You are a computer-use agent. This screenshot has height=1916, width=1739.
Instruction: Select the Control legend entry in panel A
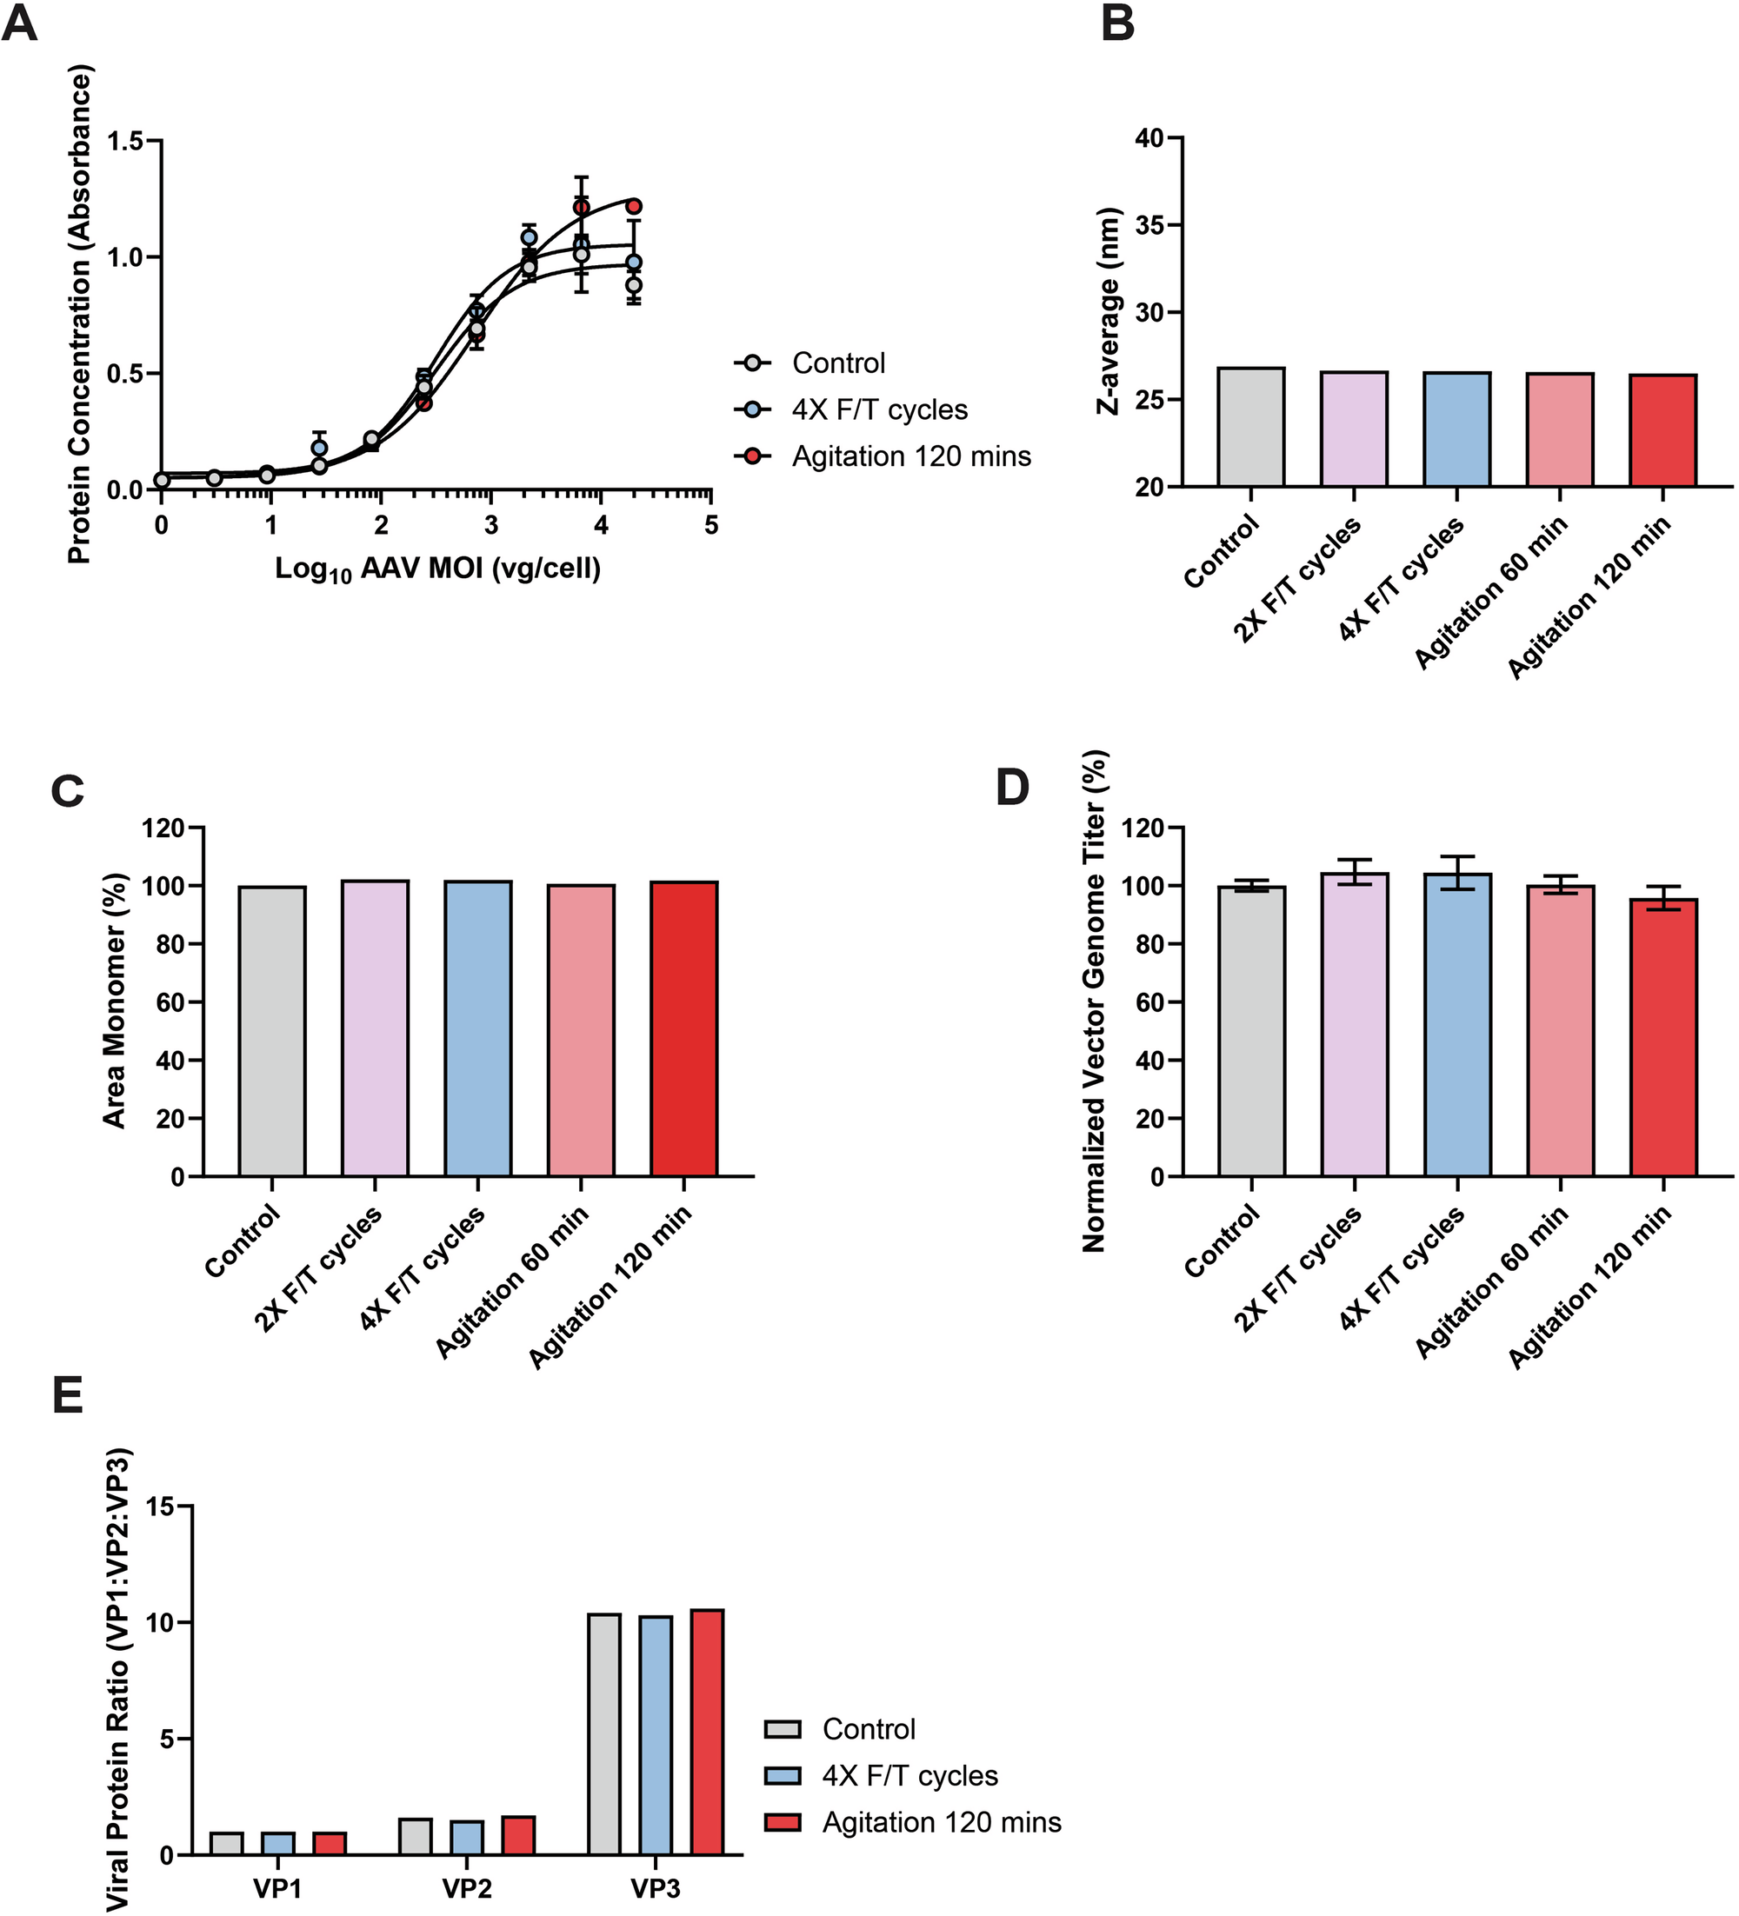tap(837, 363)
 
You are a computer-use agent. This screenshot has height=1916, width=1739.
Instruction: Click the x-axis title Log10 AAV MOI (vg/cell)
tap(437, 569)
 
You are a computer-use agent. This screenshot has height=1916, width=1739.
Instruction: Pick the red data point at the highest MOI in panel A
tap(633, 206)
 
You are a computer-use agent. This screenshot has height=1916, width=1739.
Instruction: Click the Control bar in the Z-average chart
tap(1250, 428)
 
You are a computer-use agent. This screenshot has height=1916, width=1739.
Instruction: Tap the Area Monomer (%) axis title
tap(114, 1001)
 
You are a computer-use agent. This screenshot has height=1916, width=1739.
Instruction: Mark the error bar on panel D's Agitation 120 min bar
tap(1663, 897)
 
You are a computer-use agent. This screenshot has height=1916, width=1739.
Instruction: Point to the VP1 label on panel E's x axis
tap(277, 1888)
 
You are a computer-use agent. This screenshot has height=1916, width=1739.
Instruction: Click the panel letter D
tap(1013, 788)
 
